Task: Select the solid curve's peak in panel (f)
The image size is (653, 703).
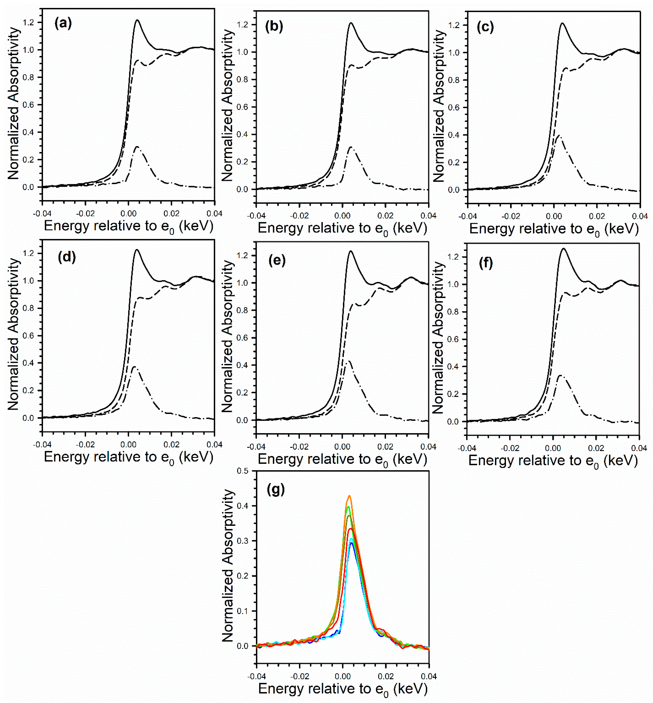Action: pos(563,248)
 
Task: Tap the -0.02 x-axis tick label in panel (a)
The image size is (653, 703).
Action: pos(85,213)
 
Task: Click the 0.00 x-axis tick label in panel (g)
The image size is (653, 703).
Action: pos(342,676)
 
